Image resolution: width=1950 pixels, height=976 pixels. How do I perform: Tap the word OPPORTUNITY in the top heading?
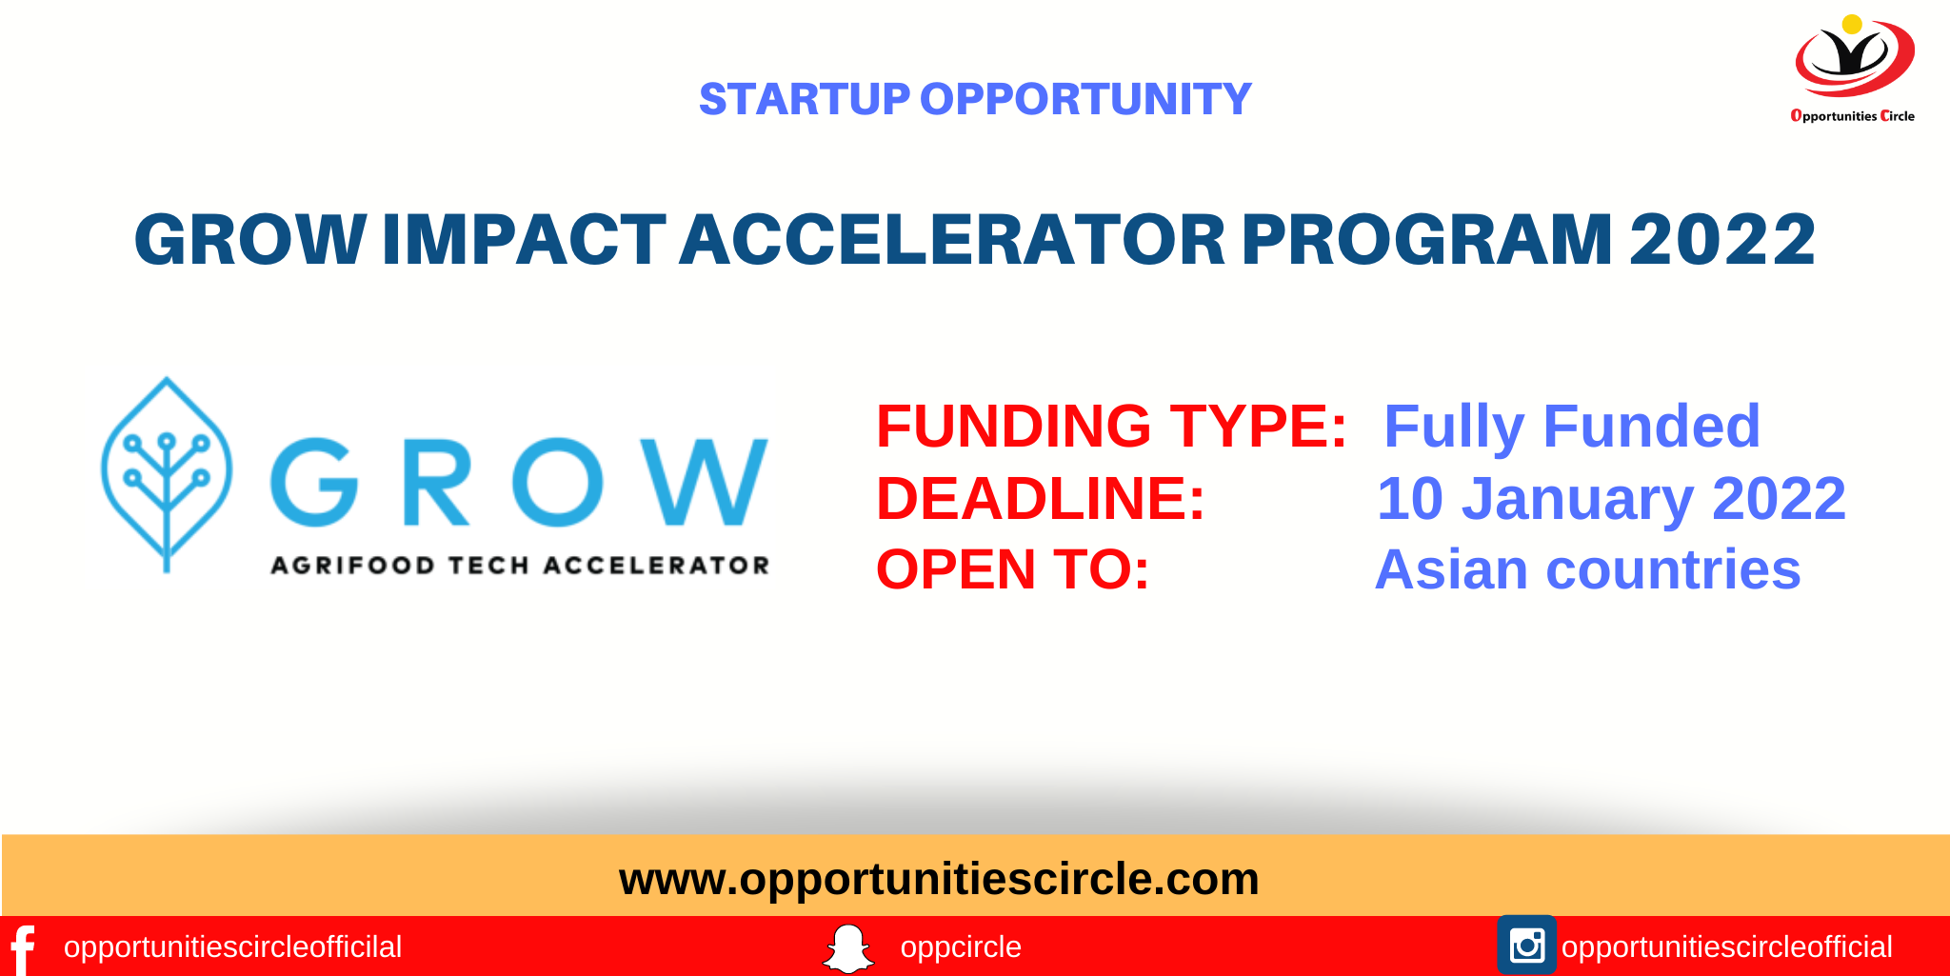[1084, 99]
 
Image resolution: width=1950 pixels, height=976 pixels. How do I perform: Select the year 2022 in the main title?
[1721, 240]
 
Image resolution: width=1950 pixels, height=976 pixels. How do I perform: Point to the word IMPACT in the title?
[523, 240]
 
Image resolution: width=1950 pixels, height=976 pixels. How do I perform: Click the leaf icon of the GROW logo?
[167, 473]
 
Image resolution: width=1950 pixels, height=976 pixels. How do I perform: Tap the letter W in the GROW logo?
[704, 482]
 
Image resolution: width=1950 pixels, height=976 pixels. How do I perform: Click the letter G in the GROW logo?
[313, 482]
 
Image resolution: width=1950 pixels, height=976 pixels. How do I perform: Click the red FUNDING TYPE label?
[1110, 426]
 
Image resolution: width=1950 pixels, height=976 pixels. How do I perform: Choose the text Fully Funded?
[1571, 426]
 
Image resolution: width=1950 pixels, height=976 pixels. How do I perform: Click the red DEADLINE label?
[1040, 498]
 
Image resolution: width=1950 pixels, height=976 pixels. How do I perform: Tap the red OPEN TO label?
[1012, 569]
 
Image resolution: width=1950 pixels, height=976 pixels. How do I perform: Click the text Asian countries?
[1587, 569]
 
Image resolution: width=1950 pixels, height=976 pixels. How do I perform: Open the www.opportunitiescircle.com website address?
[939, 878]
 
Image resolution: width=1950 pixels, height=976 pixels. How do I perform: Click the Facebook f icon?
[22, 948]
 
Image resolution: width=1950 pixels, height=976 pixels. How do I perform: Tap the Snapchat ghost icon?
[846, 948]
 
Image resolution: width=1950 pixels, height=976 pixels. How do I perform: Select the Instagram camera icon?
[1526, 946]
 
